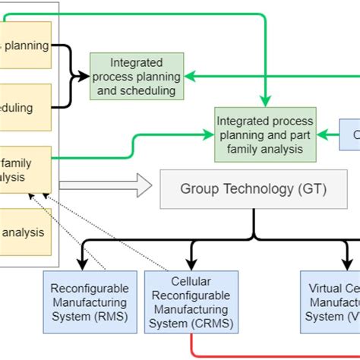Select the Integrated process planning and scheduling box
click(137, 77)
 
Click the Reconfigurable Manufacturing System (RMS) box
click(90, 302)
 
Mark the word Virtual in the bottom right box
click(327, 289)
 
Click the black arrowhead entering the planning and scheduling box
click(85, 76)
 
